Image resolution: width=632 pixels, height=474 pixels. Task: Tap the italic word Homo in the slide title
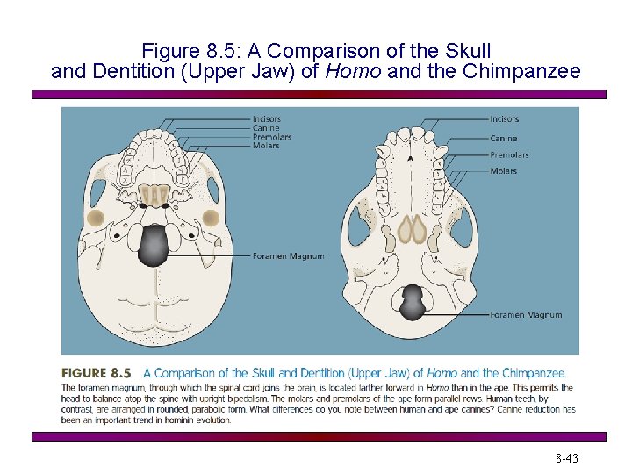354,71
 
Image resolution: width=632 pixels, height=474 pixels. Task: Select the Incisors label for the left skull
267,118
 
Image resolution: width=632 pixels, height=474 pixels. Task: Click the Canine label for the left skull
266,128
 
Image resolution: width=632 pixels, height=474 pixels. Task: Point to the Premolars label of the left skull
271,137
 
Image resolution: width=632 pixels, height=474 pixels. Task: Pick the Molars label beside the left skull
266,146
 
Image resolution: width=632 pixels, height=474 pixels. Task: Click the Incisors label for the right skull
504,118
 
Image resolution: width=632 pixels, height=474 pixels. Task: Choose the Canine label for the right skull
503,138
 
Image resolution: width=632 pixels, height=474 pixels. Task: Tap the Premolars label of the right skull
509,155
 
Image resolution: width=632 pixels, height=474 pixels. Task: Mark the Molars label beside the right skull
503,171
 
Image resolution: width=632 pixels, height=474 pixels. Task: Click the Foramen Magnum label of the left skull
288,256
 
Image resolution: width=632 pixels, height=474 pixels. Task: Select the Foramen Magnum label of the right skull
526,314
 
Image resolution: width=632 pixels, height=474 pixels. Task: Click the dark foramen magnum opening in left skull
154,245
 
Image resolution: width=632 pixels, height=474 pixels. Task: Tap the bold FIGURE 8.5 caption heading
97,373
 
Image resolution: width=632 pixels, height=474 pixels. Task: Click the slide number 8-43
566,458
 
